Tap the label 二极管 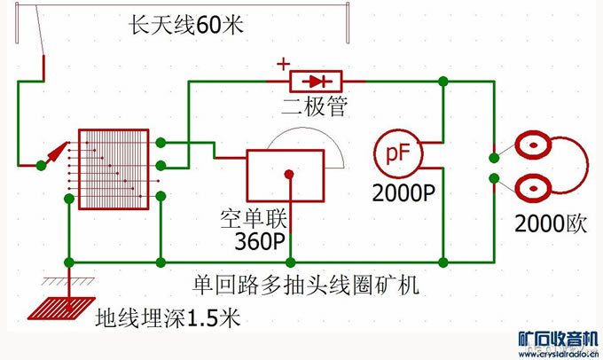tap(315, 108)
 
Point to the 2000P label tap(403, 192)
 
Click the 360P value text tap(259, 241)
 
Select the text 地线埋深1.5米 tap(168, 317)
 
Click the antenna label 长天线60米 tap(185, 26)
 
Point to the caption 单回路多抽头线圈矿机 tap(305, 285)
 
